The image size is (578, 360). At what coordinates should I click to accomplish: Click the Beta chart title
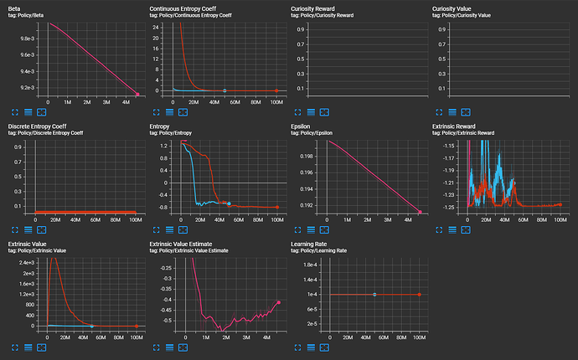pos(16,8)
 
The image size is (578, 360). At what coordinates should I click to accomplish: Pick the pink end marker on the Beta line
pos(137,95)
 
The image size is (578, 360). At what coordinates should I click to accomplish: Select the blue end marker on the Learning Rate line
pos(374,294)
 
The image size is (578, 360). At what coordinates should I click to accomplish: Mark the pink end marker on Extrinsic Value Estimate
pos(278,302)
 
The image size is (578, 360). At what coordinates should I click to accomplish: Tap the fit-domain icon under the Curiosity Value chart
pos(466,111)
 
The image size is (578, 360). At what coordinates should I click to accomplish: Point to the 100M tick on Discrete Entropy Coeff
pos(136,220)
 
